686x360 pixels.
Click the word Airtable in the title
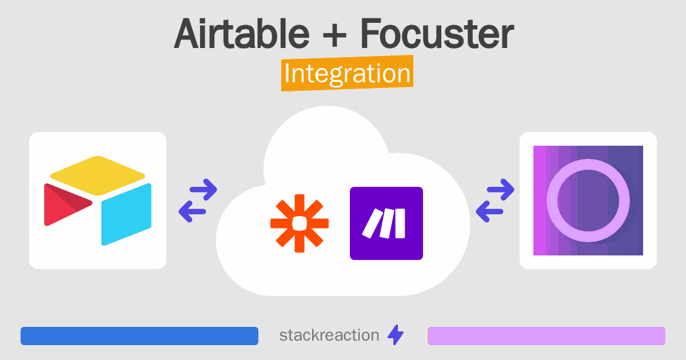[x=242, y=34]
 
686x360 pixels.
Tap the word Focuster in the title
[x=437, y=34]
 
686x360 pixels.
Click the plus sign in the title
[x=334, y=37]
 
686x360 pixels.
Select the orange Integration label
[x=348, y=73]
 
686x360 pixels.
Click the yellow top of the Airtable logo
[x=98, y=175]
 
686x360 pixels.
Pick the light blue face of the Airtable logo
[x=126, y=214]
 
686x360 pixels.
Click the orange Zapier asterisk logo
[x=300, y=223]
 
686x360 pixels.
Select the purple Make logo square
[x=386, y=223]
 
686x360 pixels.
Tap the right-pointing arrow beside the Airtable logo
[x=204, y=190]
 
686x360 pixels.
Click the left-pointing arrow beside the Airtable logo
[x=192, y=211]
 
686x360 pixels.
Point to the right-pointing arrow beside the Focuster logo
[x=500, y=190]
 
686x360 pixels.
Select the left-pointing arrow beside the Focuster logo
[x=489, y=211]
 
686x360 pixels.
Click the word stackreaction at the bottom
[x=329, y=335]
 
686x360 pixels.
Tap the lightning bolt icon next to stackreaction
[x=396, y=335]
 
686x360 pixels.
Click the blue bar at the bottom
[x=139, y=336]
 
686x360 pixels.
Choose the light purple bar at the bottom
[x=547, y=336]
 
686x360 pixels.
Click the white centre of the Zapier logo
[x=300, y=223]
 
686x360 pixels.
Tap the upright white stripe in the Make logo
[x=400, y=223]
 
